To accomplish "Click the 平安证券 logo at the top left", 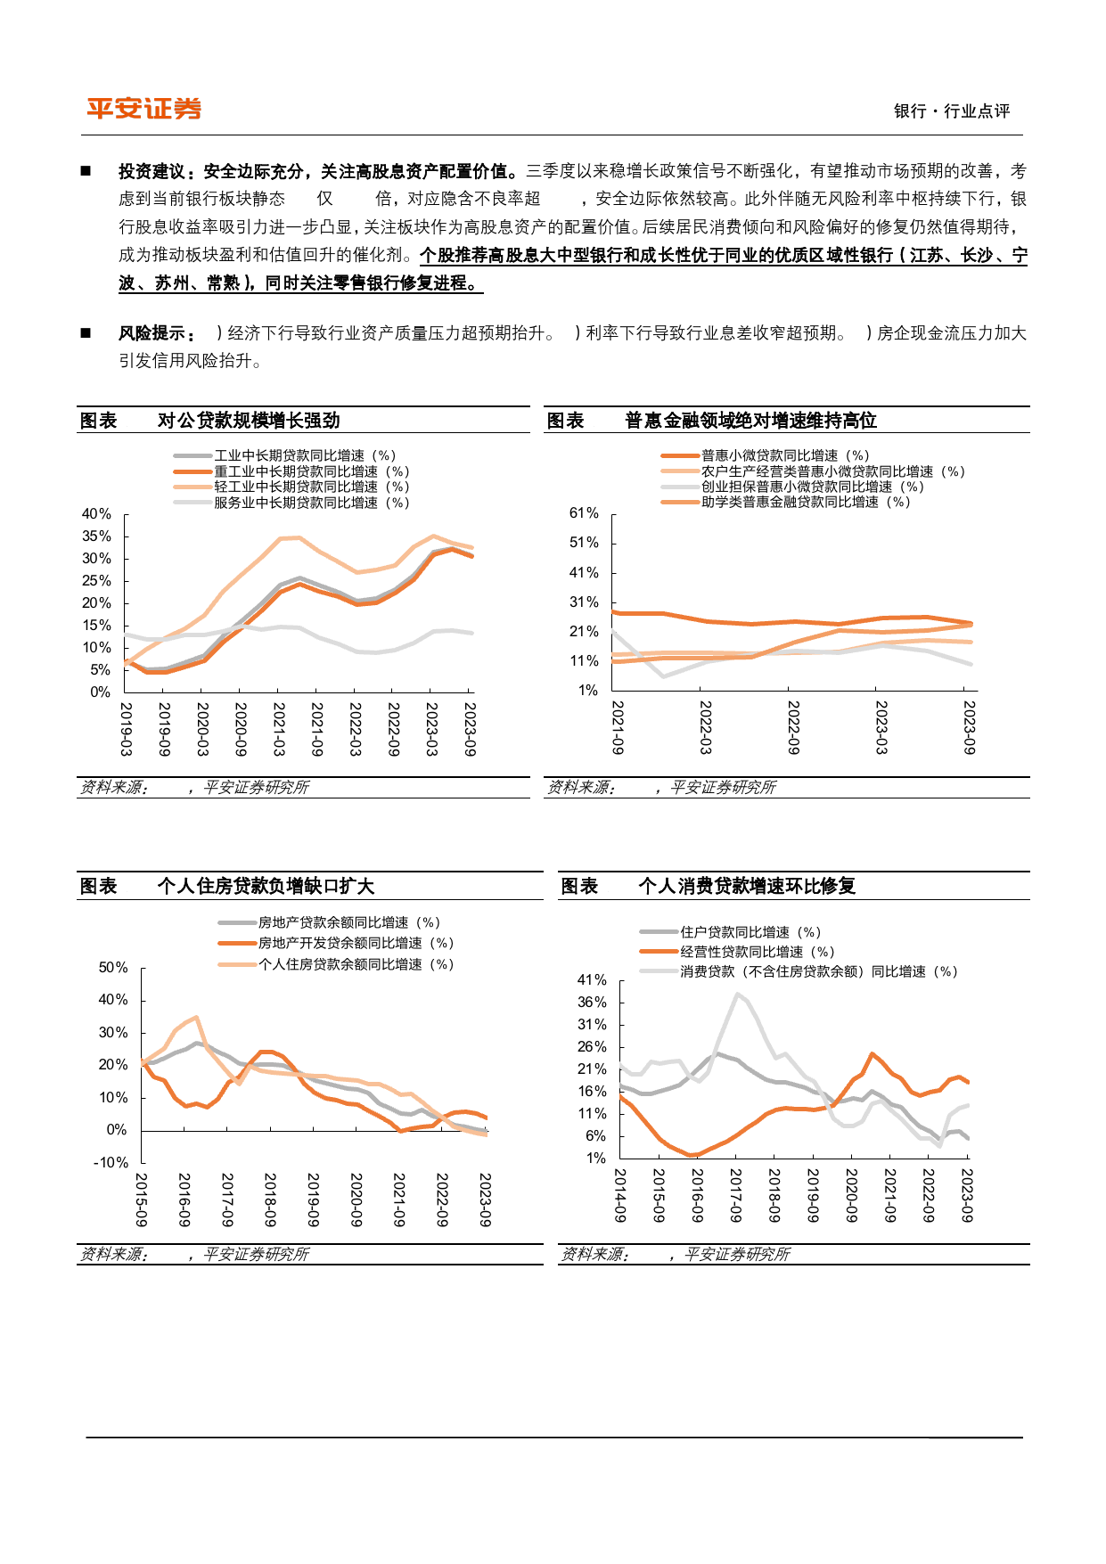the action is pyautogui.click(x=143, y=109).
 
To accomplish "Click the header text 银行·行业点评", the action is pyautogui.click(x=952, y=111).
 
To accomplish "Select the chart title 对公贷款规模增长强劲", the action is pyautogui.click(x=249, y=421).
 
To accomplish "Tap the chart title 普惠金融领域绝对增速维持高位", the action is pyautogui.click(x=750, y=421).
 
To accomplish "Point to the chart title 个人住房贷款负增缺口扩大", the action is pyautogui.click(x=266, y=886).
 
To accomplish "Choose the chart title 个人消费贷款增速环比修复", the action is pyautogui.click(x=747, y=886).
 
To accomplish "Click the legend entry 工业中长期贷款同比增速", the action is pyautogui.click(x=305, y=455).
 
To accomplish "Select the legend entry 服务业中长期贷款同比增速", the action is pyautogui.click(x=312, y=503).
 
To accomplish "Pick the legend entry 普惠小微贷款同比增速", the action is pyautogui.click(x=785, y=455).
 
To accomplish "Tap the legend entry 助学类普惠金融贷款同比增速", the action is pyautogui.click(x=806, y=502).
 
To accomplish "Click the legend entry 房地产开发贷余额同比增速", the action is pyautogui.click(x=356, y=943).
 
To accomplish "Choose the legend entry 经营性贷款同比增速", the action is pyautogui.click(x=758, y=952).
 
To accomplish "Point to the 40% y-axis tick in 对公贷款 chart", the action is pyautogui.click(x=96, y=514).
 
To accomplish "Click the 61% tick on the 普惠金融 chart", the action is pyautogui.click(x=584, y=513).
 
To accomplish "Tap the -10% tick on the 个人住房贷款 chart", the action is pyautogui.click(x=111, y=1163).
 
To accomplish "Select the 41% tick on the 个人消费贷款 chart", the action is pyautogui.click(x=592, y=980).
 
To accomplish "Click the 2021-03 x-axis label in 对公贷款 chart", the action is pyautogui.click(x=279, y=729).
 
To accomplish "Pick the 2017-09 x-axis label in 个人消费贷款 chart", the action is pyautogui.click(x=735, y=1195).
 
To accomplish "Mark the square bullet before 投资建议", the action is pyautogui.click(x=86, y=170).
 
